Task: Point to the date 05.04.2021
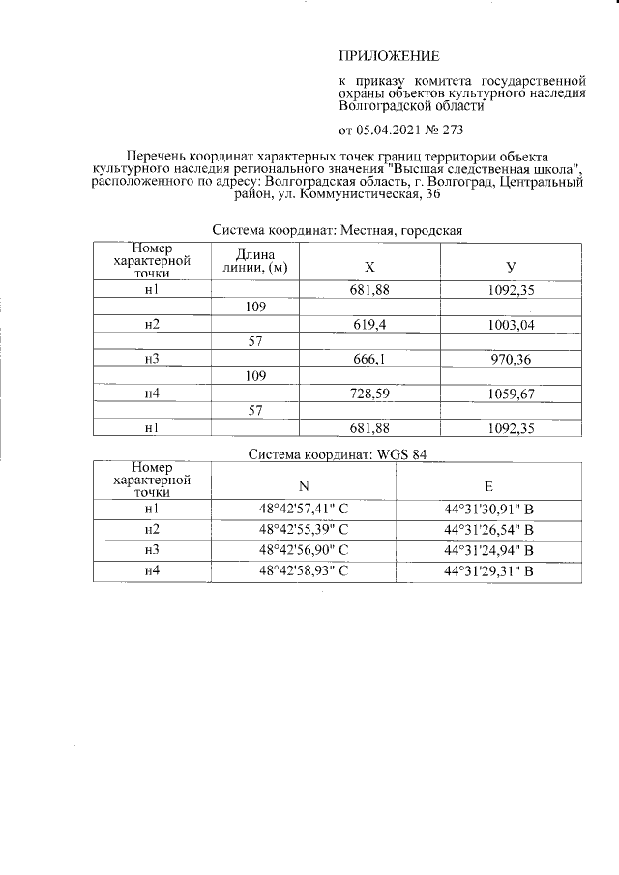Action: [390, 130]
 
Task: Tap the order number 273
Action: [453, 130]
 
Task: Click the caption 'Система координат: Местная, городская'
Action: [338, 231]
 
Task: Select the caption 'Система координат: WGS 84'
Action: [338, 454]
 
